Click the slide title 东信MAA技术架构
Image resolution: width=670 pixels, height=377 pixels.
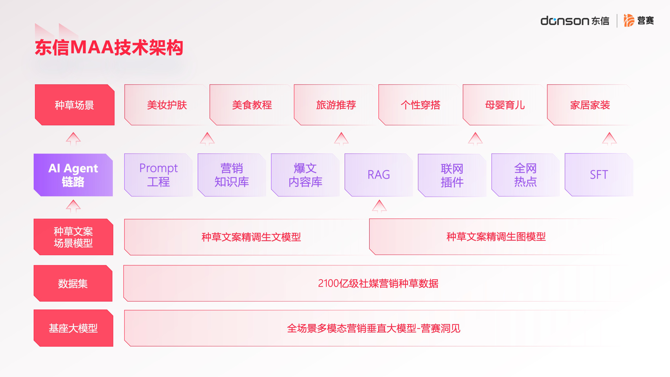tap(109, 48)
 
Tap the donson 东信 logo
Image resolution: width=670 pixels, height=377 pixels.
tap(575, 21)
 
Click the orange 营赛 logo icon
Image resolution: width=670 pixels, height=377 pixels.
tap(629, 20)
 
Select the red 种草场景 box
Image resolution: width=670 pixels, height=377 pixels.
tap(75, 105)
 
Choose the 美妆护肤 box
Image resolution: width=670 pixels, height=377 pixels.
tap(167, 105)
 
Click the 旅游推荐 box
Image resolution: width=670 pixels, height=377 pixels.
tap(336, 105)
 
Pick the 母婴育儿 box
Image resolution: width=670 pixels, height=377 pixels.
tap(505, 105)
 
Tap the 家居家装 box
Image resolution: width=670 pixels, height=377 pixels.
tap(590, 105)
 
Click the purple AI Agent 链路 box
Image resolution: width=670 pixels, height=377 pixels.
tap(73, 175)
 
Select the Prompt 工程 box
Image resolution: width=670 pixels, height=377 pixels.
tap(158, 175)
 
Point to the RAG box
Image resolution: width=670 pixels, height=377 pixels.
tap(379, 175)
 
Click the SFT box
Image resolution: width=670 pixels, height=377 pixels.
tap(599, 175)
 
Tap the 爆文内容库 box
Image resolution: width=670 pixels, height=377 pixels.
tap(305, 175)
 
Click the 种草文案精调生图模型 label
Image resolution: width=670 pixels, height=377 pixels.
tap(496, 237)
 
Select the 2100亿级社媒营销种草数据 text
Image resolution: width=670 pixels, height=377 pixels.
tap(378, 283)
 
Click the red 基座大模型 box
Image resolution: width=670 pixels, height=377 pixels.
tap(73, 328)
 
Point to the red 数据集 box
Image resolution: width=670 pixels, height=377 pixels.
tap(73, 283)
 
